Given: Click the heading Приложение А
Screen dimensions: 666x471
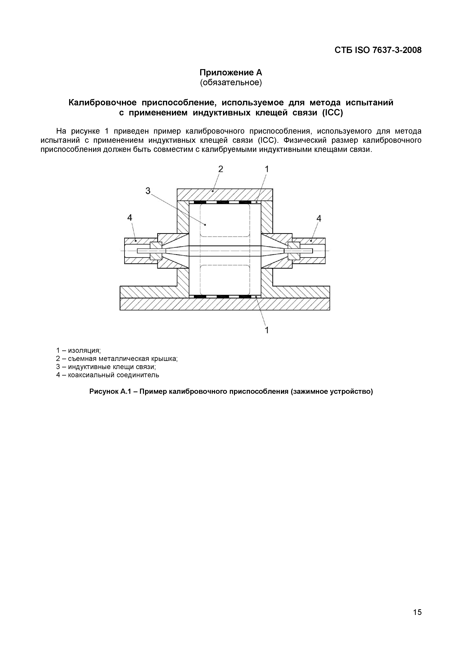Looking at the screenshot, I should click(231, 72).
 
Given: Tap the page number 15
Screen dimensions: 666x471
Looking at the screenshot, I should click(417, 612).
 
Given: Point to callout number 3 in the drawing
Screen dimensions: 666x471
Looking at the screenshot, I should click(148, 191).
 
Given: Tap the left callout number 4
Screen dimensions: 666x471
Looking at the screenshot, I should click(130, 218).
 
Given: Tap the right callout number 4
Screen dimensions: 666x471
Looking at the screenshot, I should click(319, 218).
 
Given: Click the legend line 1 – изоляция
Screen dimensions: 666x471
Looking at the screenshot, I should click(78, 350).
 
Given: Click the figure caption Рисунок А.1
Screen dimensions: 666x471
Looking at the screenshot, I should click(231, 392).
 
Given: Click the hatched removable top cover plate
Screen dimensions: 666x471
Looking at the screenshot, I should click(225, 195).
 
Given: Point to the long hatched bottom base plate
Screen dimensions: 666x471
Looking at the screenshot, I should click(225, 304).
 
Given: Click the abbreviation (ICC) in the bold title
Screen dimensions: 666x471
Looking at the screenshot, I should click(333, 113).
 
